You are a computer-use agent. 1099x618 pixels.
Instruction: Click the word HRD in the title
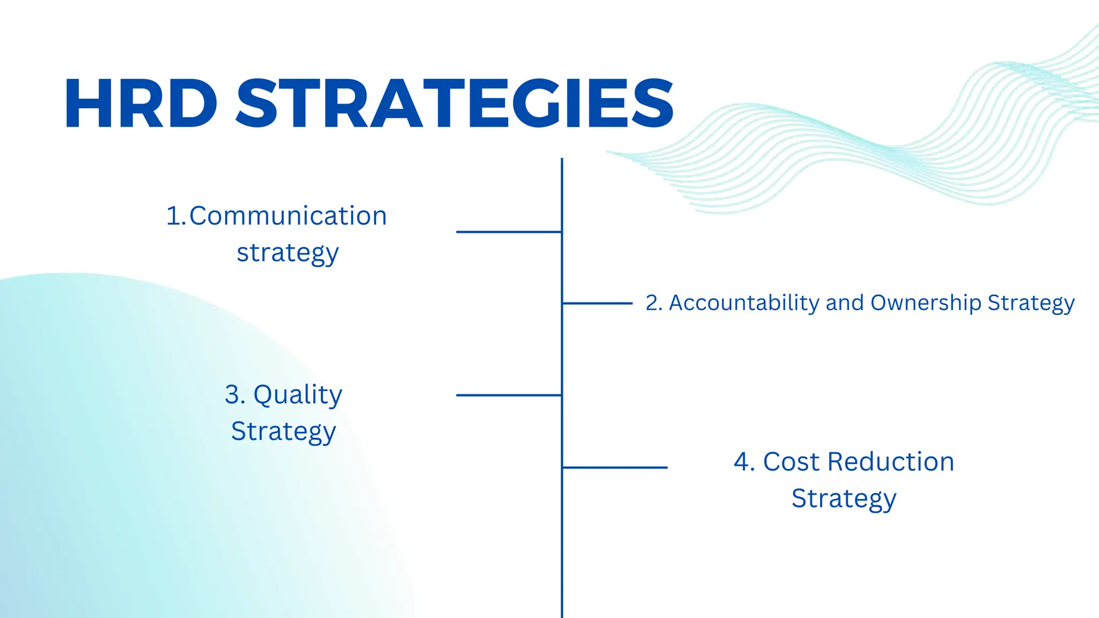141,104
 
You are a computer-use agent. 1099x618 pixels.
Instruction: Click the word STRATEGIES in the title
455,104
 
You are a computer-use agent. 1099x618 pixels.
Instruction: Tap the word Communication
288,216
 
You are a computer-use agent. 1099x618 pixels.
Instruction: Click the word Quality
297,395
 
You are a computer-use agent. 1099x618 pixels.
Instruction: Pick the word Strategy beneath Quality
283,432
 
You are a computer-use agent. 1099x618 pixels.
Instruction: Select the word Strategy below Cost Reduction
844,499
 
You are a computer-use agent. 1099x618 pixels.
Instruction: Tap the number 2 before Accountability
651,303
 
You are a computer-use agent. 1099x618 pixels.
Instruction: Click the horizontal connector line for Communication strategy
508,232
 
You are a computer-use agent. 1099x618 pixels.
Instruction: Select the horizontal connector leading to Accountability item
597,303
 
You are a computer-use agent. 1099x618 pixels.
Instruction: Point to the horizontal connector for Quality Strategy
508,395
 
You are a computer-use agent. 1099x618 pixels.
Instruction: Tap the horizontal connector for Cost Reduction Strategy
615,467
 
